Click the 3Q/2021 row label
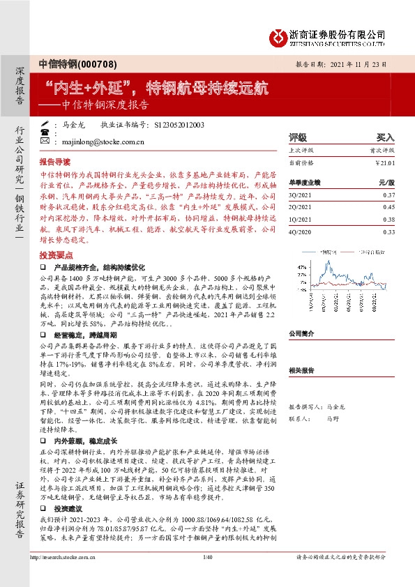click(x=300, y=196)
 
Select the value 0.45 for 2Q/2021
click(x=388, y=207)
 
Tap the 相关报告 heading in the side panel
click(x=302, y=371)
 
